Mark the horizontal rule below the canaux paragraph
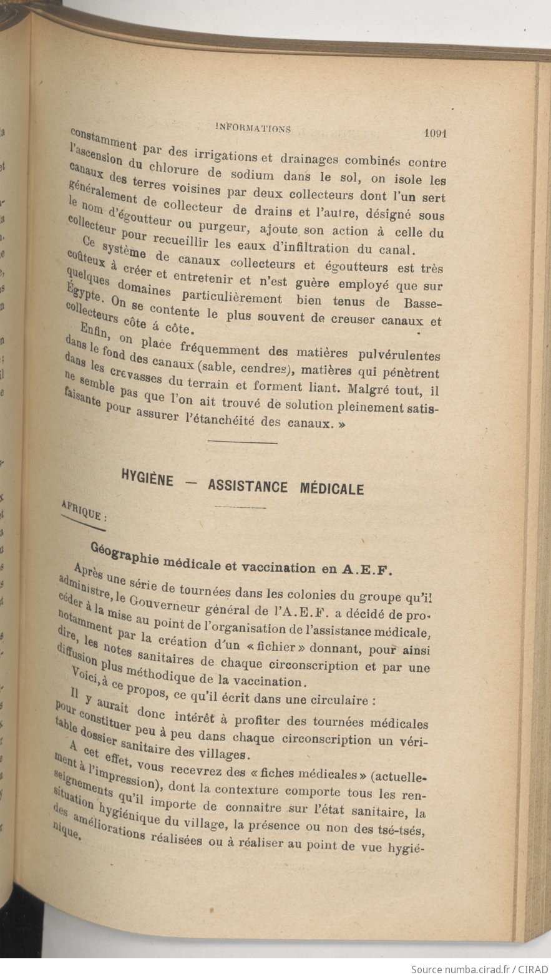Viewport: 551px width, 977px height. tap(241, 443)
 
